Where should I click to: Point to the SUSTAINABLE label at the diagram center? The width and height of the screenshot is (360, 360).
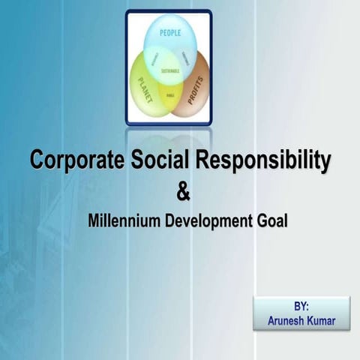pyautogui.click(x=169, y=69)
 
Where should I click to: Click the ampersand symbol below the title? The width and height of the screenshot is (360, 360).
pyautogui.click(x=183, y=192)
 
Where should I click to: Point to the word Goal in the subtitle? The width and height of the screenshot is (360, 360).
pyautogui.click(x=273, y=222)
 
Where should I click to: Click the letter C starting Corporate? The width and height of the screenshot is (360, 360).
pyautogui.click(x=37, y=160)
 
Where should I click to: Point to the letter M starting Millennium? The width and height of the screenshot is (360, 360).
pyautogui.click(x=93, y=222)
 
